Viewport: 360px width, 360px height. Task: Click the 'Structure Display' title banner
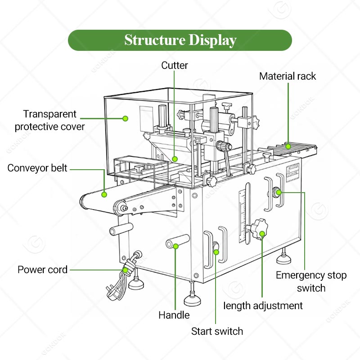(x=180, y=40)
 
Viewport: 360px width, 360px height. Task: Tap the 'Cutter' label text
(x=175, y=66)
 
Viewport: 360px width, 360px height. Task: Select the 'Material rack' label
(x=288, y=76)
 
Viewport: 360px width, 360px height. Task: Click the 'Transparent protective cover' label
(x=49, y=120)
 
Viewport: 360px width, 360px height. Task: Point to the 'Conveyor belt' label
(x=37, y=168)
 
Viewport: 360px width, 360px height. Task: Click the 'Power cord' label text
(x=42, y=270)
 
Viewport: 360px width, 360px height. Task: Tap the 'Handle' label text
(x=174, y=315)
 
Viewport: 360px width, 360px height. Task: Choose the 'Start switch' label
(x=217, y=332)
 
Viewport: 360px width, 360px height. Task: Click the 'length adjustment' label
(x=263, y=306)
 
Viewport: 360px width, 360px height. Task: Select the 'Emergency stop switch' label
(x=311, y=281)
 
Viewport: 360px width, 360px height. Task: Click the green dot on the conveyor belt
(x=104, y=195)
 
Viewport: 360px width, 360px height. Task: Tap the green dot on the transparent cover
(x=126, y=118)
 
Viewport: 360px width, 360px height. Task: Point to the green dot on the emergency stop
(x=279, y=193)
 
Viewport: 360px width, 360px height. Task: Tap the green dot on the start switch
(x=216, y=252)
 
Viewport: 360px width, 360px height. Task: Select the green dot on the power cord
(x=125, y=270)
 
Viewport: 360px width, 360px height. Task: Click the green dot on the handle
(x=176, y=246)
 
